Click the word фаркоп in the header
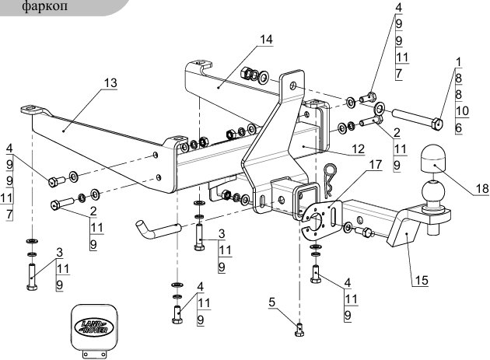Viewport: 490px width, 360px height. coord(44,6)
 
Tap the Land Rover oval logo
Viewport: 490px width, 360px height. coord(94,327)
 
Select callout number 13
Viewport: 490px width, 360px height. coord(110,83)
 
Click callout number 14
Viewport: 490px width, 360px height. coord(267,40)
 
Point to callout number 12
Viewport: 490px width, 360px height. coord(358,149)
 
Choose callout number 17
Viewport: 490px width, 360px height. coord(376,164)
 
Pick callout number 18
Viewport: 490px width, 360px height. coord(482,188)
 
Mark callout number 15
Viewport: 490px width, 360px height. coord(422,280)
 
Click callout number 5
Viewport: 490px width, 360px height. coord(271,302)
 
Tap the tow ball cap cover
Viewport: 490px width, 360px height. coord(433,159)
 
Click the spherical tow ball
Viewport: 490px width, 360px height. coord(432,191)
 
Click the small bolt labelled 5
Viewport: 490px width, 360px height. coord(299,330)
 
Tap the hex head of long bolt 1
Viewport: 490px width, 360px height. coord(437,124)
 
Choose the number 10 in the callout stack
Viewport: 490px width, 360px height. coord(462,111)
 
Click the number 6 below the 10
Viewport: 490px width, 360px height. coord(459,128)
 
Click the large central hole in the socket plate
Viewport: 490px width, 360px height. coord(317,221)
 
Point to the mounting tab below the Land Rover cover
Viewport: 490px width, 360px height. coord(94,354)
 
